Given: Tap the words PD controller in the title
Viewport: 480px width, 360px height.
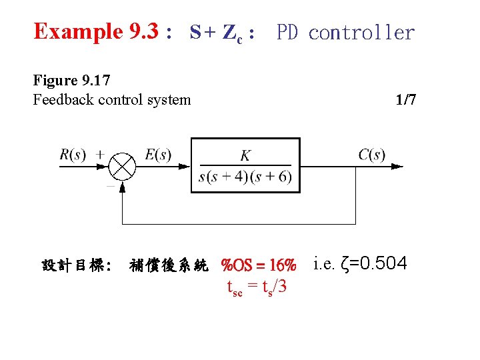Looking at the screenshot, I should coord(345,32).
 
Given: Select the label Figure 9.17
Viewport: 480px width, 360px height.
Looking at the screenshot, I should coord(71,81).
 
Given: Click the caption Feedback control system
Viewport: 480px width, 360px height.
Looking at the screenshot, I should coord(111,100).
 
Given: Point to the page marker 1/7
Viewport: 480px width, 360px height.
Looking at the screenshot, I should coord(405,100).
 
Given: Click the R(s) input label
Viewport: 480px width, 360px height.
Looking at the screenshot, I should coord(73,155).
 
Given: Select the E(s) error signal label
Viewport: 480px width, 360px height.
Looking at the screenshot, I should coord(158,155).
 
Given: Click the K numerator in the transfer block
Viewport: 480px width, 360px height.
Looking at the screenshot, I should coord(245,155).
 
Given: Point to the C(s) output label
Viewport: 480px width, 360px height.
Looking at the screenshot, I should coord(371,155).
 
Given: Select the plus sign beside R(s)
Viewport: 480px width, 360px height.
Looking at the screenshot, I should coord(99,154).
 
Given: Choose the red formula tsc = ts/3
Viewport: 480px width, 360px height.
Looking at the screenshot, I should coord(257,288).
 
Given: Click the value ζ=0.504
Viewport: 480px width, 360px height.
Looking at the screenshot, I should coord(373,264).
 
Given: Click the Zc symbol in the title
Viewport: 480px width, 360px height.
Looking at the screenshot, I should coord(233,33).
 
